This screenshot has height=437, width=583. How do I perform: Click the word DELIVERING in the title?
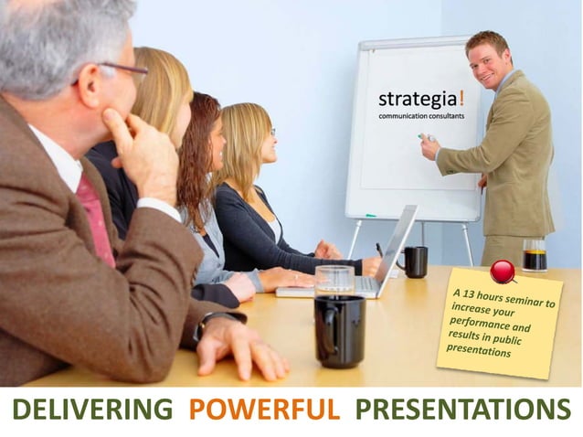[x=91, y=410]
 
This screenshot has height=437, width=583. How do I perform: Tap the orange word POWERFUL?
[x=264, y=410]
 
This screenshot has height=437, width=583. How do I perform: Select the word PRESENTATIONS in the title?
[x=462, y=410]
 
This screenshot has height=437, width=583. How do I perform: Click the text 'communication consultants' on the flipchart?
[x=422, y=116]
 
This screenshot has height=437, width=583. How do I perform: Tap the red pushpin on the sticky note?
[x=502, y=271]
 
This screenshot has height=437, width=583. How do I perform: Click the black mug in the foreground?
[x=339, y=330]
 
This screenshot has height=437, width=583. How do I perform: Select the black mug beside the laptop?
[x=414, y=261]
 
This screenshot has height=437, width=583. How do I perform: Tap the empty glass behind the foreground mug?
[x=334, y=280]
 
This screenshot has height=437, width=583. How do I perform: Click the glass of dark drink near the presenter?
[x=535, y=255]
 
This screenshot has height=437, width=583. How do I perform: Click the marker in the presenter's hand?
[x=424, y=137]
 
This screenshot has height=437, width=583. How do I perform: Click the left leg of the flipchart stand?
[x=354, y=240]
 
